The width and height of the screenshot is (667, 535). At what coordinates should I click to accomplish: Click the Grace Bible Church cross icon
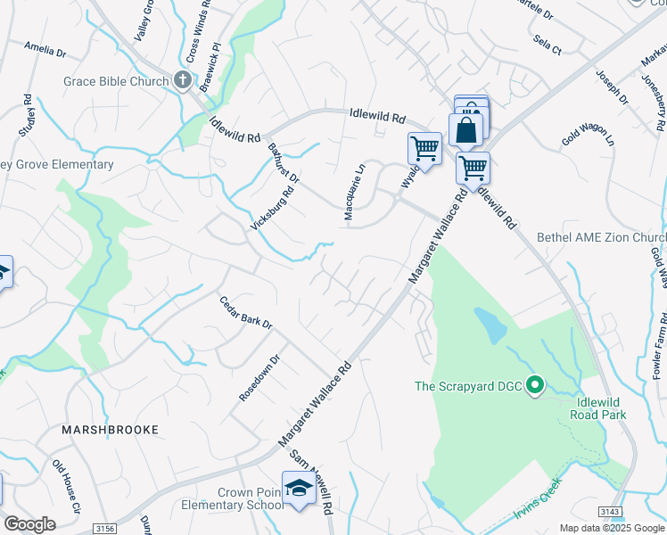coord(183,81)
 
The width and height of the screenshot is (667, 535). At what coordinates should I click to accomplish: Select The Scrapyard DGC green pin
coord(535,385)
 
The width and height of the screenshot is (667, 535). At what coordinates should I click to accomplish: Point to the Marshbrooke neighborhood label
coord(110,430)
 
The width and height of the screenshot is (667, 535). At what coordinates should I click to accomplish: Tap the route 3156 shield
coord(104,528)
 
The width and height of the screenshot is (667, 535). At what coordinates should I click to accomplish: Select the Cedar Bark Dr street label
coord(245,311)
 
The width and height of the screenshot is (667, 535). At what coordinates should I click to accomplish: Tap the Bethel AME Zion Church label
coord(601,238)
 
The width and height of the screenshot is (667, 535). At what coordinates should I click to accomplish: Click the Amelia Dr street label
coord(45,48)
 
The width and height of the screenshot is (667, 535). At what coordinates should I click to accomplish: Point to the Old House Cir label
coord(67,485)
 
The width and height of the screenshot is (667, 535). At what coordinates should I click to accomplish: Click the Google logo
coord(29,524)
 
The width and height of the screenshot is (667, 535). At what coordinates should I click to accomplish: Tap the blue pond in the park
coord(488,326)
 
